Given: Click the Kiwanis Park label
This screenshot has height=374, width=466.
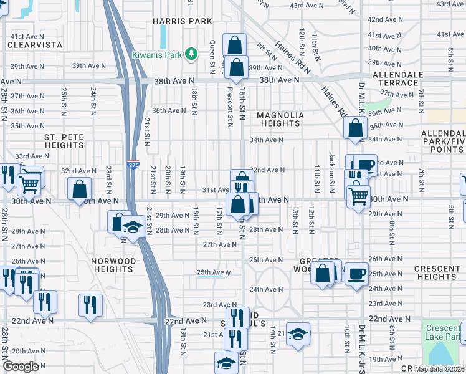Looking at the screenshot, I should coord(156,55).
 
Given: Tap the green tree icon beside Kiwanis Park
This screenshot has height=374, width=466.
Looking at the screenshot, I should coord(193,55).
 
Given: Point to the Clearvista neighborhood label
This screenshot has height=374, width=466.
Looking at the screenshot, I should coord(35,45).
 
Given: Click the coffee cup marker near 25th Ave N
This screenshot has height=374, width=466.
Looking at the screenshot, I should coord(356,274).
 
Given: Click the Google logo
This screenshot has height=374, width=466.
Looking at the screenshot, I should coord(21,367).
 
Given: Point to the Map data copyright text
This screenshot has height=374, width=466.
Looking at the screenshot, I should coord(439,369).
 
